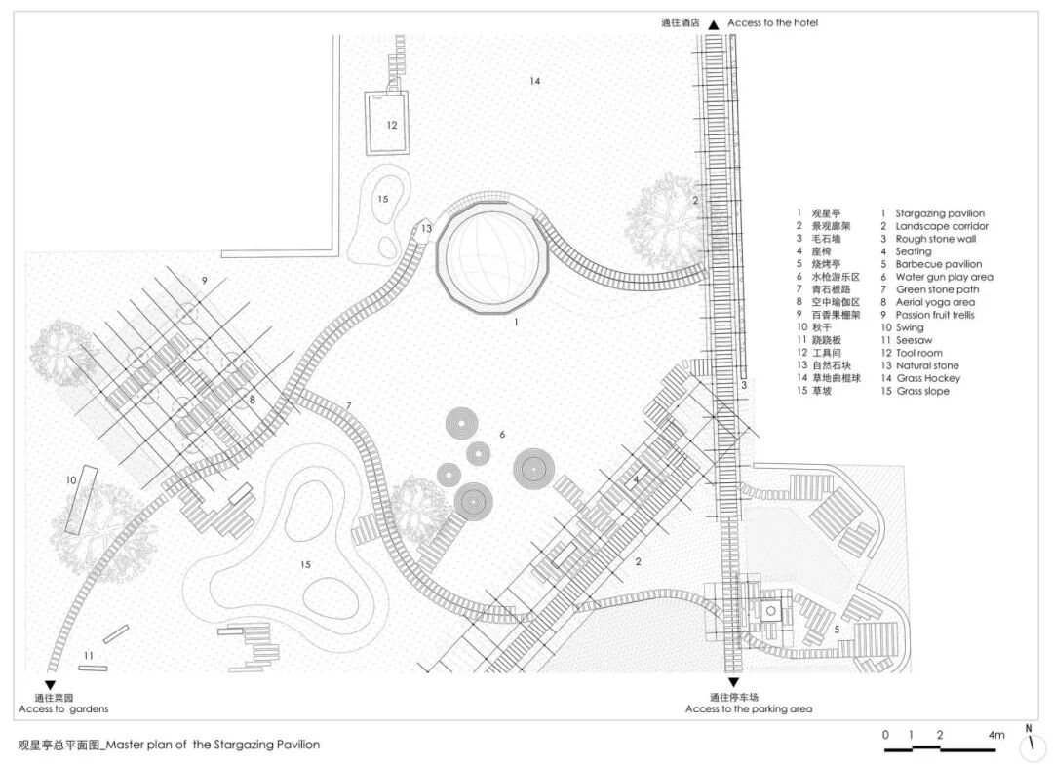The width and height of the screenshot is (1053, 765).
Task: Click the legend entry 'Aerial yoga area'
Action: tap(936, 302)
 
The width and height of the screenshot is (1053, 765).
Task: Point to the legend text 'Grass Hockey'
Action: tap(928, 378)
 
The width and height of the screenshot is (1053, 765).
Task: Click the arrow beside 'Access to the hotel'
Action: tap(714, 24)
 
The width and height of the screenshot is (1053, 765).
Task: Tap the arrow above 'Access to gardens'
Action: tap(50, 685)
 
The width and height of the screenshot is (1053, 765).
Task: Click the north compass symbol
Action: tap(1029, 745)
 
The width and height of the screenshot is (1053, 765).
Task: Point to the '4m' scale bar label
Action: tap(995, 735)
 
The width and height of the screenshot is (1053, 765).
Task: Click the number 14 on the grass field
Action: tap(534, 81)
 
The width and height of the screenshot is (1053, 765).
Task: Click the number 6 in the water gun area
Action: tap(501, 434)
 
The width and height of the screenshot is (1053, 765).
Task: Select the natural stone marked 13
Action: tap(426, 229)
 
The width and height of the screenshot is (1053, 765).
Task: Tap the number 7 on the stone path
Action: tap(347, 405)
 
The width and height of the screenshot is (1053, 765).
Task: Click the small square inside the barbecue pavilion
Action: tap(769, 610)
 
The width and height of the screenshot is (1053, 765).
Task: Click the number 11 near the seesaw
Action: tap(89, 655)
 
